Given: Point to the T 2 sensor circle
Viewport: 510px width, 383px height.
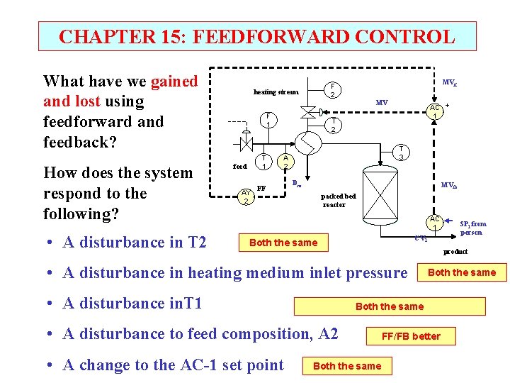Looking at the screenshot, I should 333,126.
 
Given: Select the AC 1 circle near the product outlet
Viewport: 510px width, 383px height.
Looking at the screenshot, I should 434,223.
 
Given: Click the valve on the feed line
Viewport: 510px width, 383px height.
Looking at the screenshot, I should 245,143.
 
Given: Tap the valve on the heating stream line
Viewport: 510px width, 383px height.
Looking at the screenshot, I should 307,111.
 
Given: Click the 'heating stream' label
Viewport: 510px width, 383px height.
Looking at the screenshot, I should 276,91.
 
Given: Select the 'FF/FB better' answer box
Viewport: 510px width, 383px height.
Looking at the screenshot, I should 411,335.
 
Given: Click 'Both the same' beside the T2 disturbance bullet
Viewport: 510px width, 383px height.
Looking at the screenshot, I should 283,243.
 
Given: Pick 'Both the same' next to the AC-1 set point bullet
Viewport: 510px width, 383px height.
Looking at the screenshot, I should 347,366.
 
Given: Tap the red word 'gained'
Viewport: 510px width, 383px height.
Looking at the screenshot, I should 174,82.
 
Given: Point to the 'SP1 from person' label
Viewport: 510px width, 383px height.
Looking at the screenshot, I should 473,228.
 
